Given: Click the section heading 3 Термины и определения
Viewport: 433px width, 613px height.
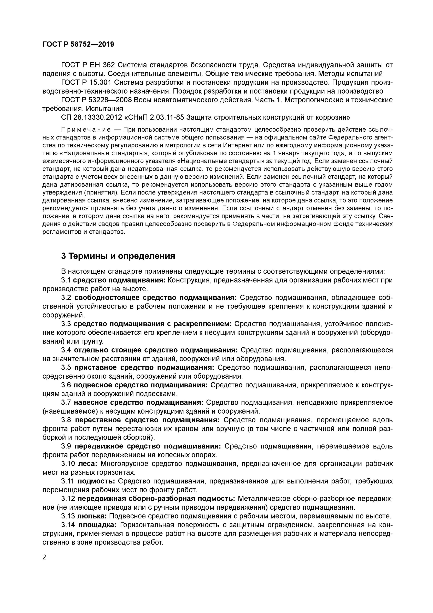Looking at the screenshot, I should pos(118,256).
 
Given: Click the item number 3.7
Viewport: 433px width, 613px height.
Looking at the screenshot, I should pos(66,403).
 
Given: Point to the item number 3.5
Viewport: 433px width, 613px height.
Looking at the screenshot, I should pos(66,368).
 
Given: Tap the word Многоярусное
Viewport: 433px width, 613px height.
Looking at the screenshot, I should pos(124,464).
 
